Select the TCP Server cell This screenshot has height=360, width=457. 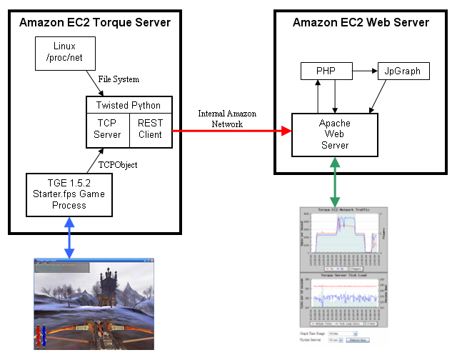pos(107,129)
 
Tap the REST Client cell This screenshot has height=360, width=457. pos(151,129)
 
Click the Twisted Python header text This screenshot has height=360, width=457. pos(129,105)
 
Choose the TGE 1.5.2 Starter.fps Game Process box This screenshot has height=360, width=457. pos(69,194)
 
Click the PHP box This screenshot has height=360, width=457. pos(326,71)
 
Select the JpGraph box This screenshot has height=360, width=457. pos(403,71)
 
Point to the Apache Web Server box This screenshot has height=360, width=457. pos(335,134)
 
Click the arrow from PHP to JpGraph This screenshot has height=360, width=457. pos(366,71)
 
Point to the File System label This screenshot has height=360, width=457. pos(119,79)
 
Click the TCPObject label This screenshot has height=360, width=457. pos(118,165)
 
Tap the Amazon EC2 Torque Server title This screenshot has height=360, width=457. pos(95,22)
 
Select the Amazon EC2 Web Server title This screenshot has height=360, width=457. pos(361,22)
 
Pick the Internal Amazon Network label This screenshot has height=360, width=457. pos(227,119)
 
